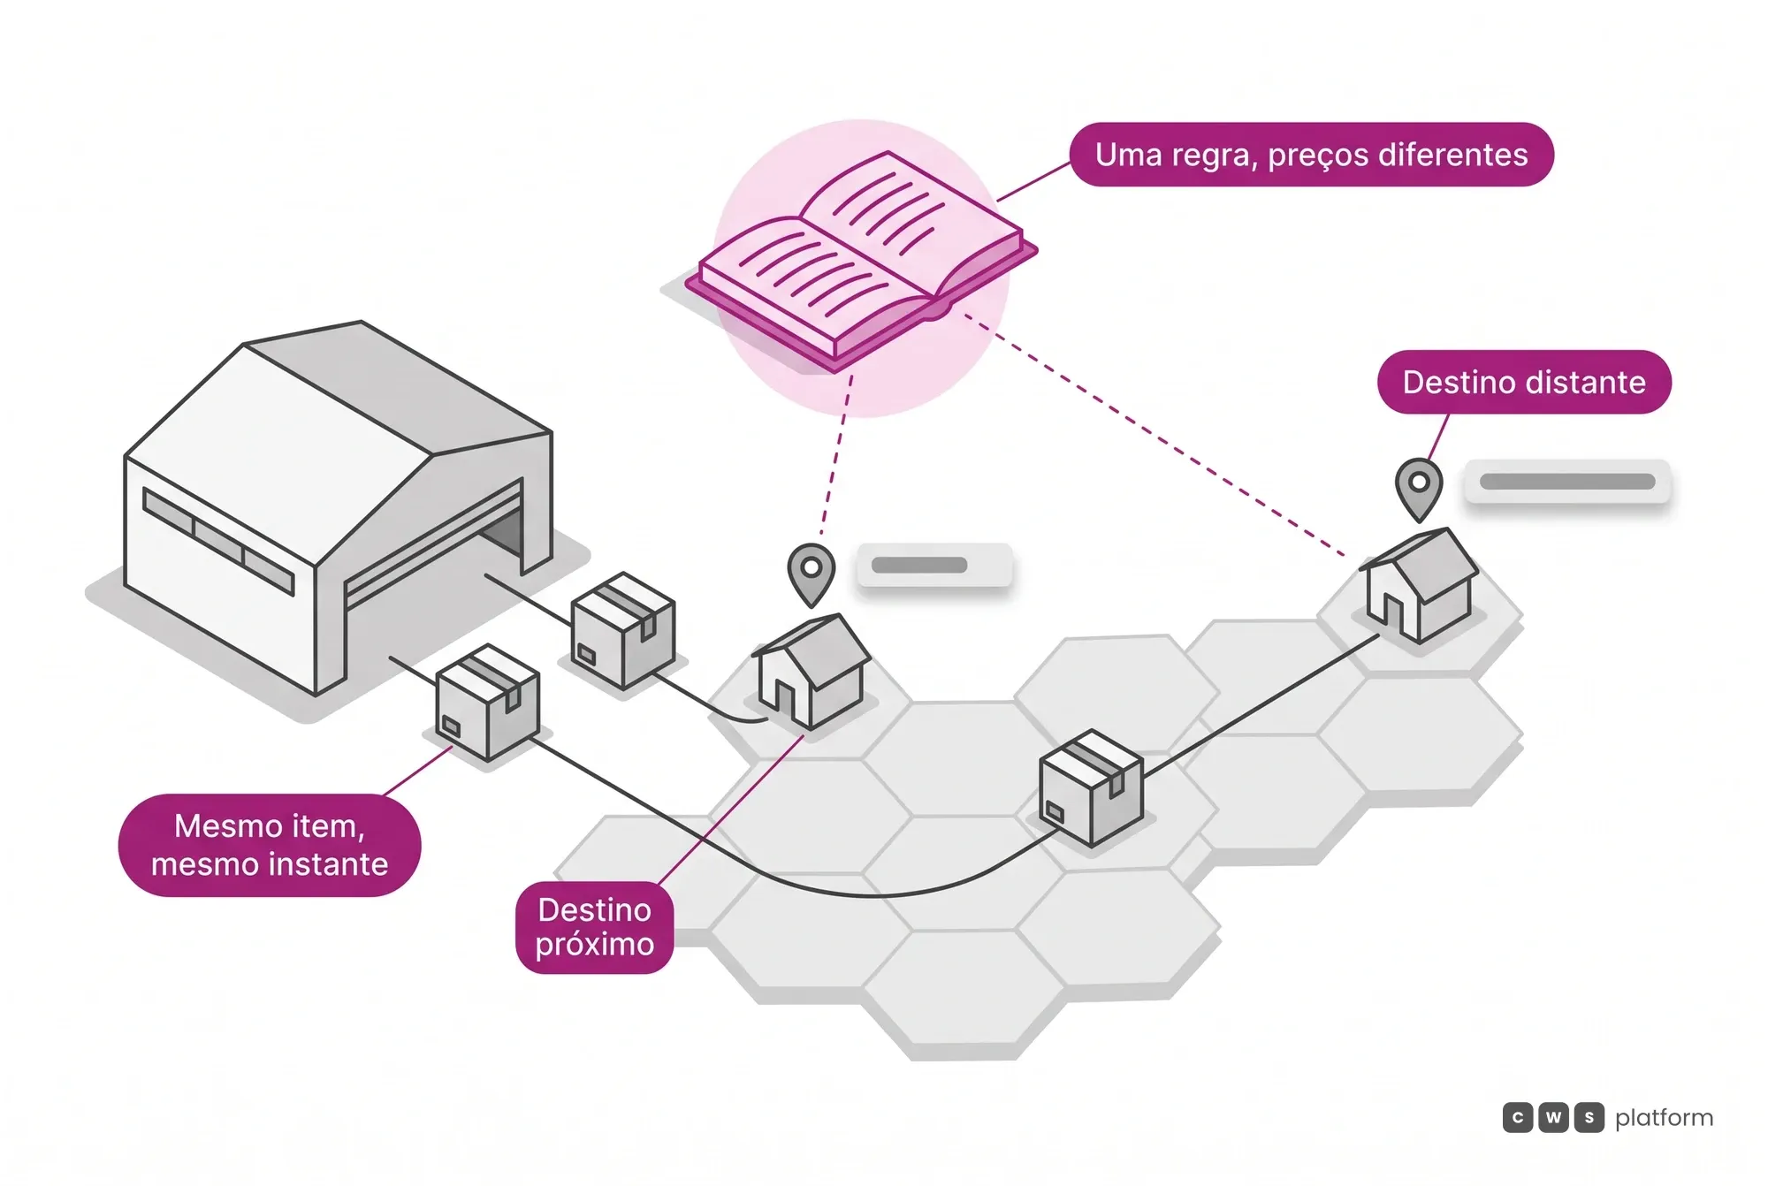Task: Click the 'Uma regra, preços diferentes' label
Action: point(1311,155)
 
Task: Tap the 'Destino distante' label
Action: point(1524,382)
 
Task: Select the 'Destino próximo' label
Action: point(595,927)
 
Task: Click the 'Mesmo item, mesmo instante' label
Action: point(270,845)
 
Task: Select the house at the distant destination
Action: point(1419,584)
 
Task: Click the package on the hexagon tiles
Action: point(1091,788)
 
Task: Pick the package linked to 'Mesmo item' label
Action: point(487,703)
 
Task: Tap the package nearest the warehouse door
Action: point(623,631)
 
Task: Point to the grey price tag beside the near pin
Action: point(934,566)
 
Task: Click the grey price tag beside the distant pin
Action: point(1567,482)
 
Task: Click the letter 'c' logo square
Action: point(1518,1118)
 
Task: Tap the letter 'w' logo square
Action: point(1553,1118)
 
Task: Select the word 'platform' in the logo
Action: point(1664,1118)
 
